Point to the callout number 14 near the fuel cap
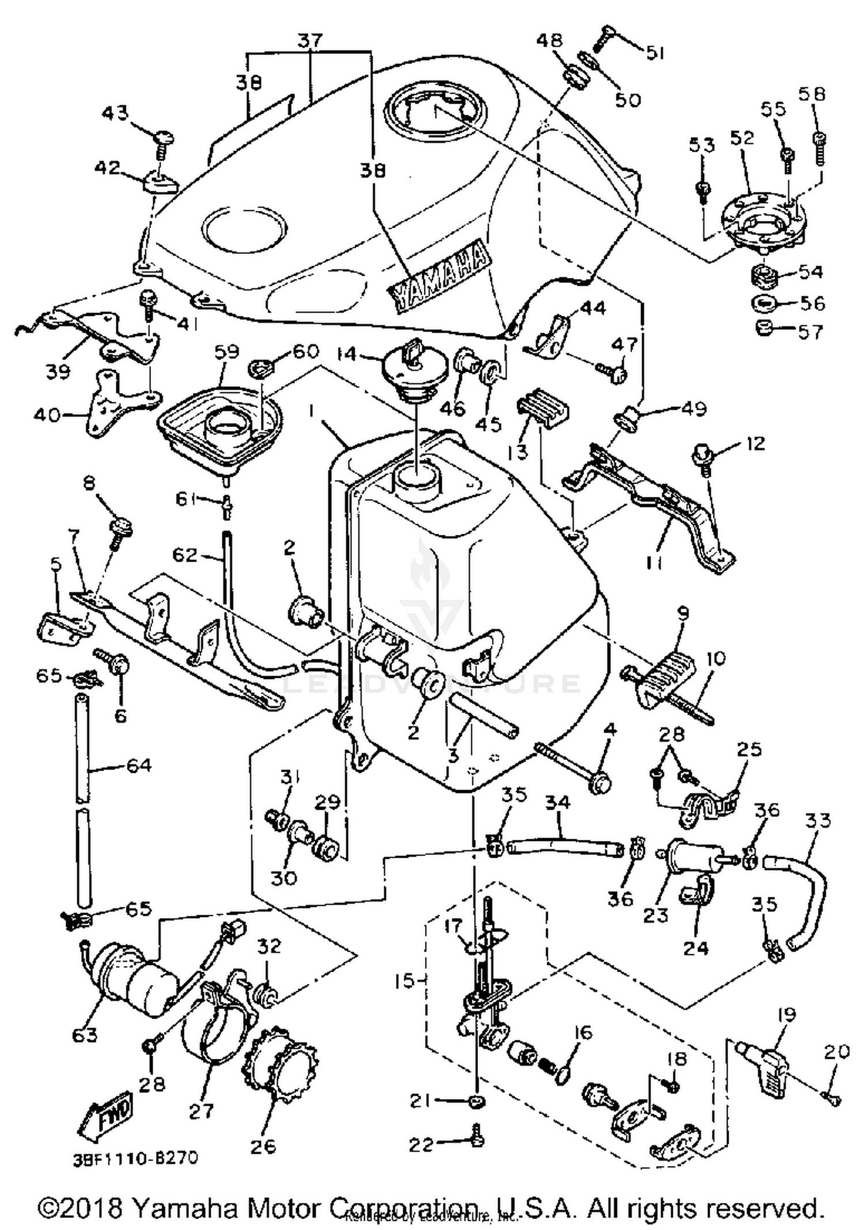[x=347, y=353]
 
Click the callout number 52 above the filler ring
[x=742, y=138]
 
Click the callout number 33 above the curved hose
[x=818, y=820]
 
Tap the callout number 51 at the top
[x=654, y=53]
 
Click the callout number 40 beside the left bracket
[x=47, y=414]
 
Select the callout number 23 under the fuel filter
[x=655, y=915]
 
